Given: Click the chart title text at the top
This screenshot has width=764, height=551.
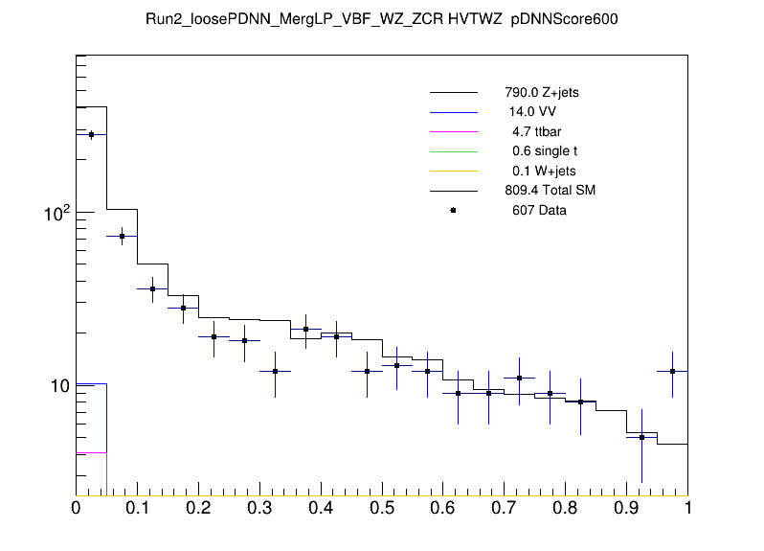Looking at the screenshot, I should (381, 20).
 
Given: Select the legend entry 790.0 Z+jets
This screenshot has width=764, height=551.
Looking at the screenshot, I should (542, 93).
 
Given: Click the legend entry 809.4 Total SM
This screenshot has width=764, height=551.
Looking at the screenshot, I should (551, 191).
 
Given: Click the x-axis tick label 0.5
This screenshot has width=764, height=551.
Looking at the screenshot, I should (382, 508).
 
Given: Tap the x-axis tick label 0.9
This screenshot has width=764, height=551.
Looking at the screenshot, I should (627, 508).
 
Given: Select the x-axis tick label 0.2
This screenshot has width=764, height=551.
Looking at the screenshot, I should (198, 508).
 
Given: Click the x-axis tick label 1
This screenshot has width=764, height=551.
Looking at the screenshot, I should (687, 508).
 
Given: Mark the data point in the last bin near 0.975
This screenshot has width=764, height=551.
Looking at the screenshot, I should (673, 371).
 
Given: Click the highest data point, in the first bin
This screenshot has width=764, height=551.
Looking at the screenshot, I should (91, 135).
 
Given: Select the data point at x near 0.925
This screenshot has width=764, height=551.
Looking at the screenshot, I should (642, 437).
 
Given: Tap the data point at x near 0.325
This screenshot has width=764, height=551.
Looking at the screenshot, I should (275, 371).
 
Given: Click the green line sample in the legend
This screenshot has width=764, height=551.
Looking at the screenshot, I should (453, 151).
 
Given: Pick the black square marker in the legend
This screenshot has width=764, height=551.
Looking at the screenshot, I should (453, 210).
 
